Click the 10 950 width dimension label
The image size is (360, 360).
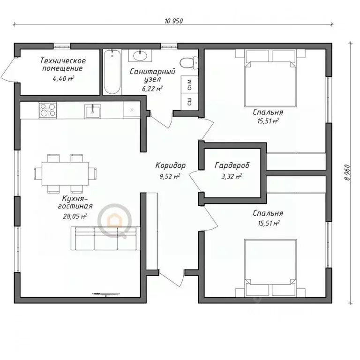tap(173, 21)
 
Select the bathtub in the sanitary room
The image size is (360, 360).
tap(111, 72)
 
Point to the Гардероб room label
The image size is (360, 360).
tap(232, 165)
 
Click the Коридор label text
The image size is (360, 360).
tap(170, 165)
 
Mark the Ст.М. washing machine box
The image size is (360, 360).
tap(189, 84)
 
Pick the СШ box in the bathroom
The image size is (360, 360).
tap(189, 101)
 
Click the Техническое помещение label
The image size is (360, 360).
tap(62, 65)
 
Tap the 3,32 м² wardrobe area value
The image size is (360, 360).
tap(232, 176)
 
